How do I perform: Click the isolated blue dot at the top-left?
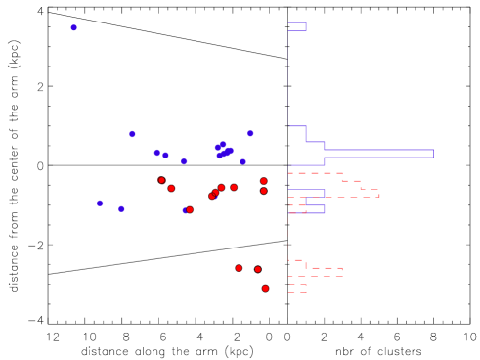pos(73,27)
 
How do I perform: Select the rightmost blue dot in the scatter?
pos(250,133)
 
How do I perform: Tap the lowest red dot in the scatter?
pos(265,288)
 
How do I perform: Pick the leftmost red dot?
pos(161,180)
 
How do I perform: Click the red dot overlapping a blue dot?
pos(190,209)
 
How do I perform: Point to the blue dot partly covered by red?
pos(185,210)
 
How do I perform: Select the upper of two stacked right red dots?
pos(264,181)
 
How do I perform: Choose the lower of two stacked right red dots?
pos(264,191)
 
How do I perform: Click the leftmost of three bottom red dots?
pos(239,268)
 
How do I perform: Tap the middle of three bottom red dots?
pos(258,269)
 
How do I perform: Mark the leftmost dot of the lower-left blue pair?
pos(100,203)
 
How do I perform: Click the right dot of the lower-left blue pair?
pos(121,208)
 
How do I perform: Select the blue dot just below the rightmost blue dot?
pos(243,161)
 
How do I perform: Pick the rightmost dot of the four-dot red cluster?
pos(234,187)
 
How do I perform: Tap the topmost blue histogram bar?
pos(296,27)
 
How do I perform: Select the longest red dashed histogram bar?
pos(333,193)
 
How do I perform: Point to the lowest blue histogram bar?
pos(306,209)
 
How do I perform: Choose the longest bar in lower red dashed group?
pos(315,272)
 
